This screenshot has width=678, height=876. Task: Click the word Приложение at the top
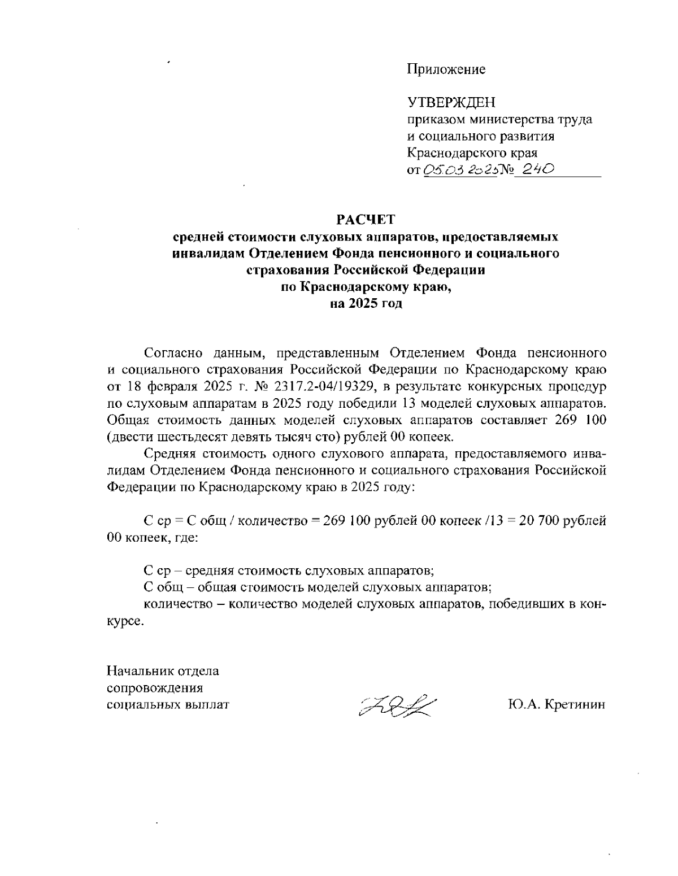click(x=446, y=69)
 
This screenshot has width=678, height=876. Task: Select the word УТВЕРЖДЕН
click(x=451, y=102)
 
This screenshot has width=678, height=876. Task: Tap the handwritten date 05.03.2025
click(x=459, y=169)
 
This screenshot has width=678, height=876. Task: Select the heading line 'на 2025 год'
click(x=366, y=304)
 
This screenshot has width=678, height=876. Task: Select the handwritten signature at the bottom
click(x=397, y=705)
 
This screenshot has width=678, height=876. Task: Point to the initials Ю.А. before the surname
click(x=525, y=705)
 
